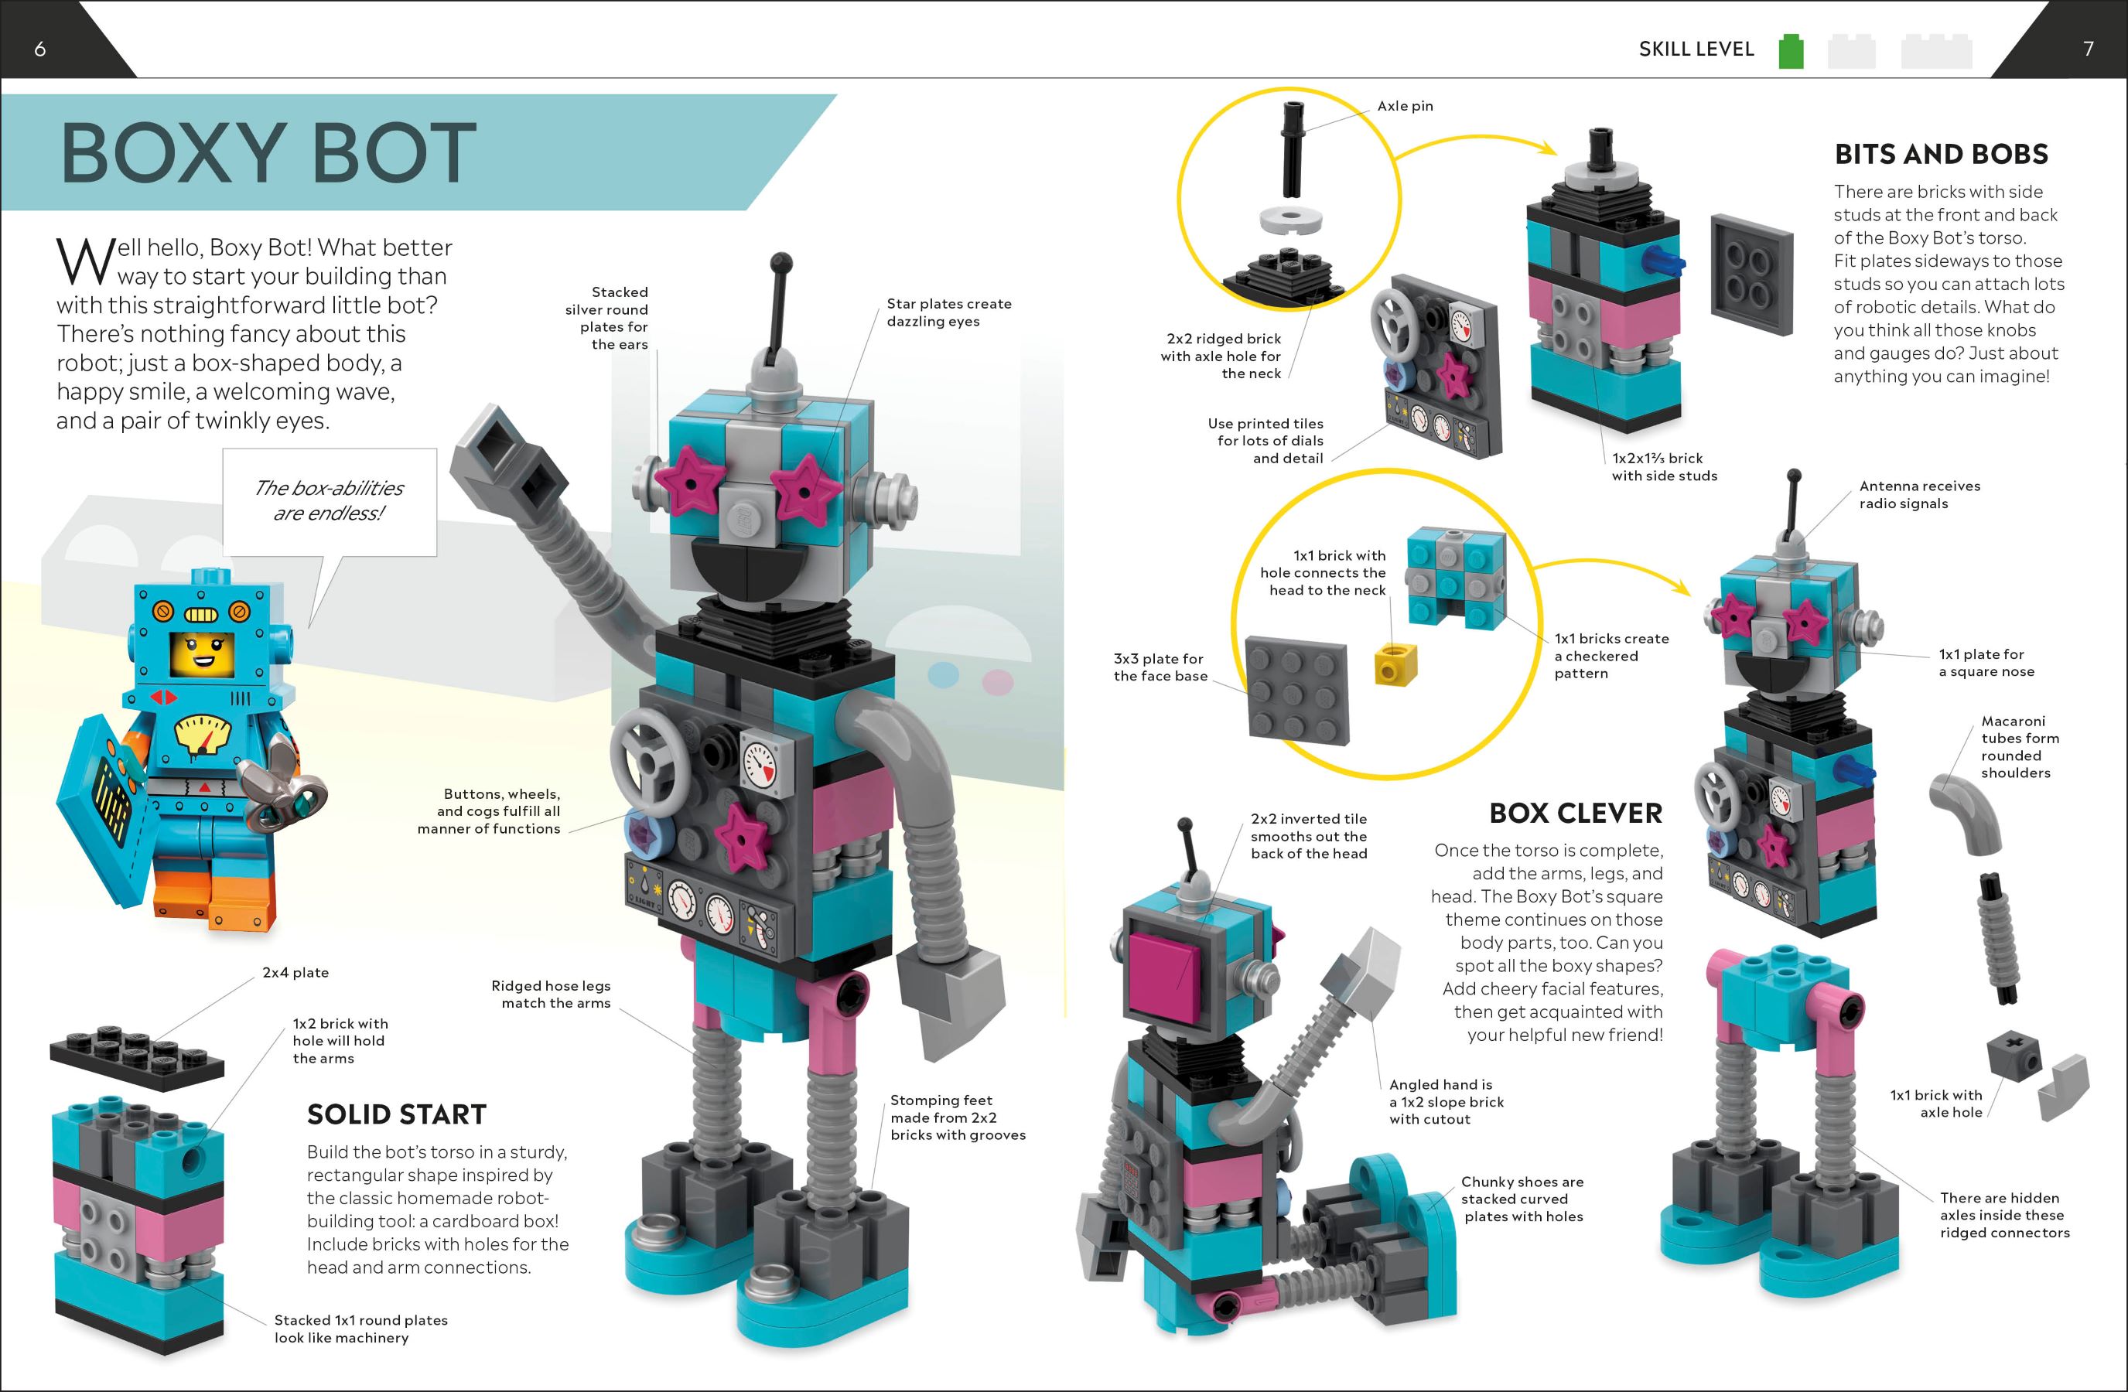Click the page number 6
[x=39, y=49]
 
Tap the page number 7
[x=2089, y=49]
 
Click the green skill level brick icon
[x=1791, y=51]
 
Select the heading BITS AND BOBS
[x=1941, y=154]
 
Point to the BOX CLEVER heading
[x=1576, y=813]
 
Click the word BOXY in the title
[x=172, y=153]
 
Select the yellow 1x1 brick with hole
[x=1395, y=664]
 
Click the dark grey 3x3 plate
[x=1297, y=691]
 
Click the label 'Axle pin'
[x=1405, y=105]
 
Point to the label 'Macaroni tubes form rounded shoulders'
[x=2020, y=746]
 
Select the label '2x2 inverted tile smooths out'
[x=1308, y=836]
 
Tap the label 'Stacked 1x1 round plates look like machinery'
[x=360, y=1329]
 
